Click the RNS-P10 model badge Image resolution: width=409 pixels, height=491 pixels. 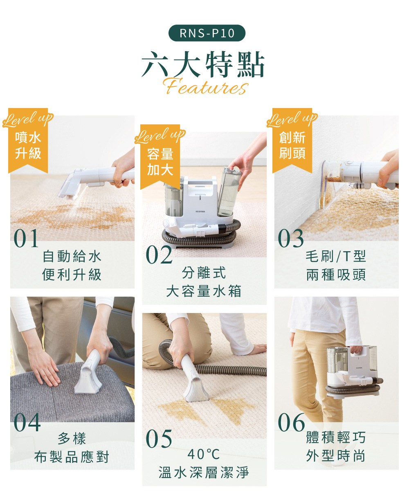(x=207, y=33)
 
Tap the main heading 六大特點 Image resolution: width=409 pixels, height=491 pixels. (x=203, y=65)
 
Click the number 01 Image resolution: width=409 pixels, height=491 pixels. (x=26, y=239)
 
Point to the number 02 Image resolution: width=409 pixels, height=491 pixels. (x=159, y=255)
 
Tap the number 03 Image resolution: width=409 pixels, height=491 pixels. (x=291, y=239)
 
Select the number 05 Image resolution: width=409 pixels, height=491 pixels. (x=159, y=439)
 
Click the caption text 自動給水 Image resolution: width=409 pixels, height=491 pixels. (x=72, y=257)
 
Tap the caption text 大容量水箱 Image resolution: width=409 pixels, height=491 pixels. (x=204, y=291)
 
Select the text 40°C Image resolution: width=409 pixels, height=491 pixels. (x=204, y=454)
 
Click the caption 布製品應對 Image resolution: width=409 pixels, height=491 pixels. (x=72, y=457)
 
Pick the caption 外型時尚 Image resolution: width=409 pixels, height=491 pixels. (x=336, y=456)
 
